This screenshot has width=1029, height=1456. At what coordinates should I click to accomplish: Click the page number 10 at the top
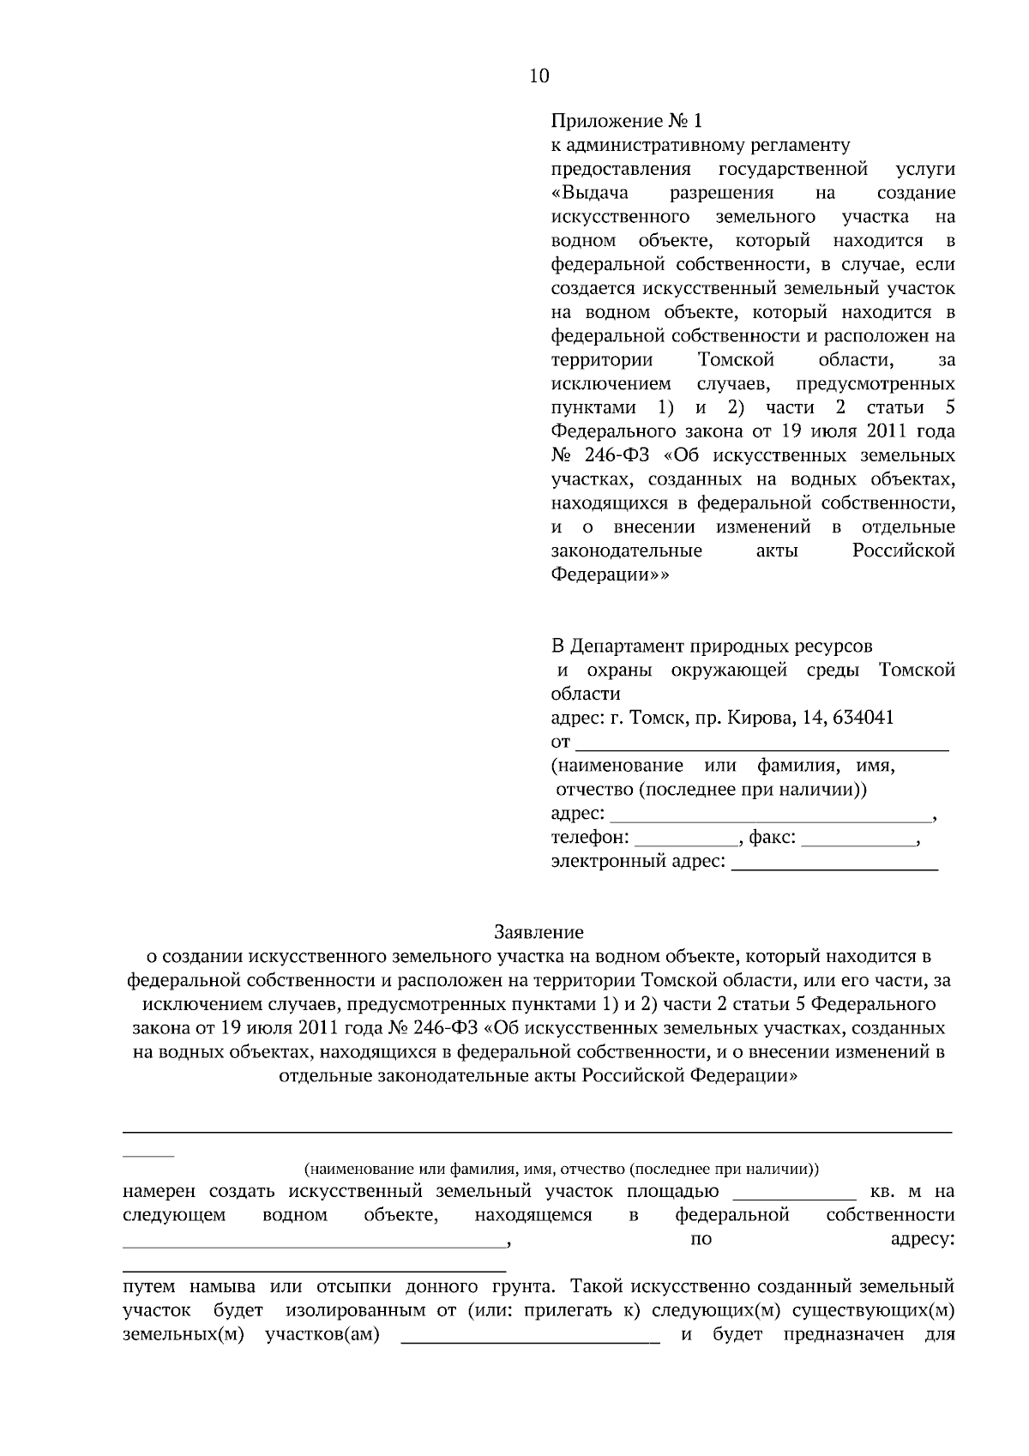click(x=539, y=75)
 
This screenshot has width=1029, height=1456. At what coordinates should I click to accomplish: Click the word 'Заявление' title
click(x=539, y=931)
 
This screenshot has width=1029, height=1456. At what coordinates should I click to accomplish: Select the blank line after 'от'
click(x=761, y=743)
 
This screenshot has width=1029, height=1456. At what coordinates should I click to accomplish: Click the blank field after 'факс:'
click(x=857, y=839)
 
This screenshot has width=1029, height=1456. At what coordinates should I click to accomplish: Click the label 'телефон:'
click(x=589, y=837)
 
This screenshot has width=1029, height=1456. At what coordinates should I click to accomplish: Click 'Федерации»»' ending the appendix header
click(x=608, y=575)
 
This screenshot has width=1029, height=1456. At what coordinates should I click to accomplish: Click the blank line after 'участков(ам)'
click(x=531, y=1336)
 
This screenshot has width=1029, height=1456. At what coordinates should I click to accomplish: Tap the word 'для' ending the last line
click(x=940, y=1335)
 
